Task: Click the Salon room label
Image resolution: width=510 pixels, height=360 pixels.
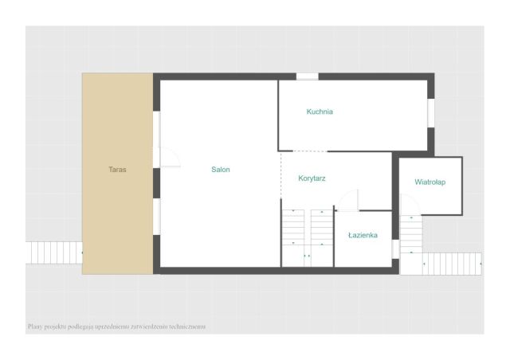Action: [221, 170]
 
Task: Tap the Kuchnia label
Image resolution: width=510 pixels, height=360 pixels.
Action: [320, 112]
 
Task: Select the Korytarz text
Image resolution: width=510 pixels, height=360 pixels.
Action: [312, 178]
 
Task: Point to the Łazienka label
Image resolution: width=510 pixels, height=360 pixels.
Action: [363, 235]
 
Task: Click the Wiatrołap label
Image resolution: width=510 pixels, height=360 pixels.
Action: [430, 182]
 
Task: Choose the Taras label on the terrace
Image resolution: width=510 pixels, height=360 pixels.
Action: [117, 170]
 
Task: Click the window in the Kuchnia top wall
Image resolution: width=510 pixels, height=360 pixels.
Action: [307, 76]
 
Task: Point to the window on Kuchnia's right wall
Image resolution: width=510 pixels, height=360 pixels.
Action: [431, 113]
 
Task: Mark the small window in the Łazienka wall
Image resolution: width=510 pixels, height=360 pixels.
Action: [395, 249]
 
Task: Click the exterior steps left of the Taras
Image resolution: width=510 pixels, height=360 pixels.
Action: [53, 252]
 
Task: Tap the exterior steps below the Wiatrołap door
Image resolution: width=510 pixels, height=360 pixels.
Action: [411, 234]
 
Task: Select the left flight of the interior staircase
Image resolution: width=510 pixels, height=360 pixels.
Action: [293, 227]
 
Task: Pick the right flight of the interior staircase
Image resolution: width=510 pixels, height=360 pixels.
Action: [322, 227]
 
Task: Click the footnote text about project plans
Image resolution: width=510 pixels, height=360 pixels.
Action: [117, 327]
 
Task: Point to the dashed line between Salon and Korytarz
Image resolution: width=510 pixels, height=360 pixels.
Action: [281, 175]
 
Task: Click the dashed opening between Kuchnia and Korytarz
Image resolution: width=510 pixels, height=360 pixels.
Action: [310, 151]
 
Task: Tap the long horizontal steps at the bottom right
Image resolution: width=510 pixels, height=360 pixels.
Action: [452, 264]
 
